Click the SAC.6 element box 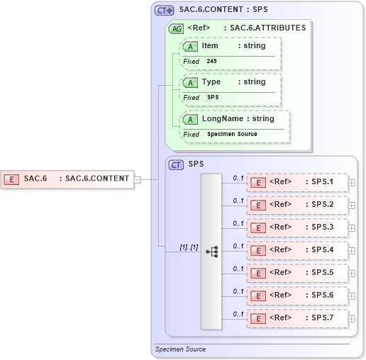coord(68,178)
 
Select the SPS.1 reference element coord(297,182)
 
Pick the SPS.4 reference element coord(297,250)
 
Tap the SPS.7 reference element coord(297,318)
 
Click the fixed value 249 coord(212,62)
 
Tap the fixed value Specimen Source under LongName coord(232,134)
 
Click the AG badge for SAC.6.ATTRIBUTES coord(175,29)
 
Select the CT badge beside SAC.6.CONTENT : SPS coord(165,11)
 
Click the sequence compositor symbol coord(211,251)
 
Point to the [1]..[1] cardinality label coord(189,246)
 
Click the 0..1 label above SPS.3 coord(238,223)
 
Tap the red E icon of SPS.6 coord(259,296)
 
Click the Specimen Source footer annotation coord(180,349)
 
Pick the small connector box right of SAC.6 coord(138,179)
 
